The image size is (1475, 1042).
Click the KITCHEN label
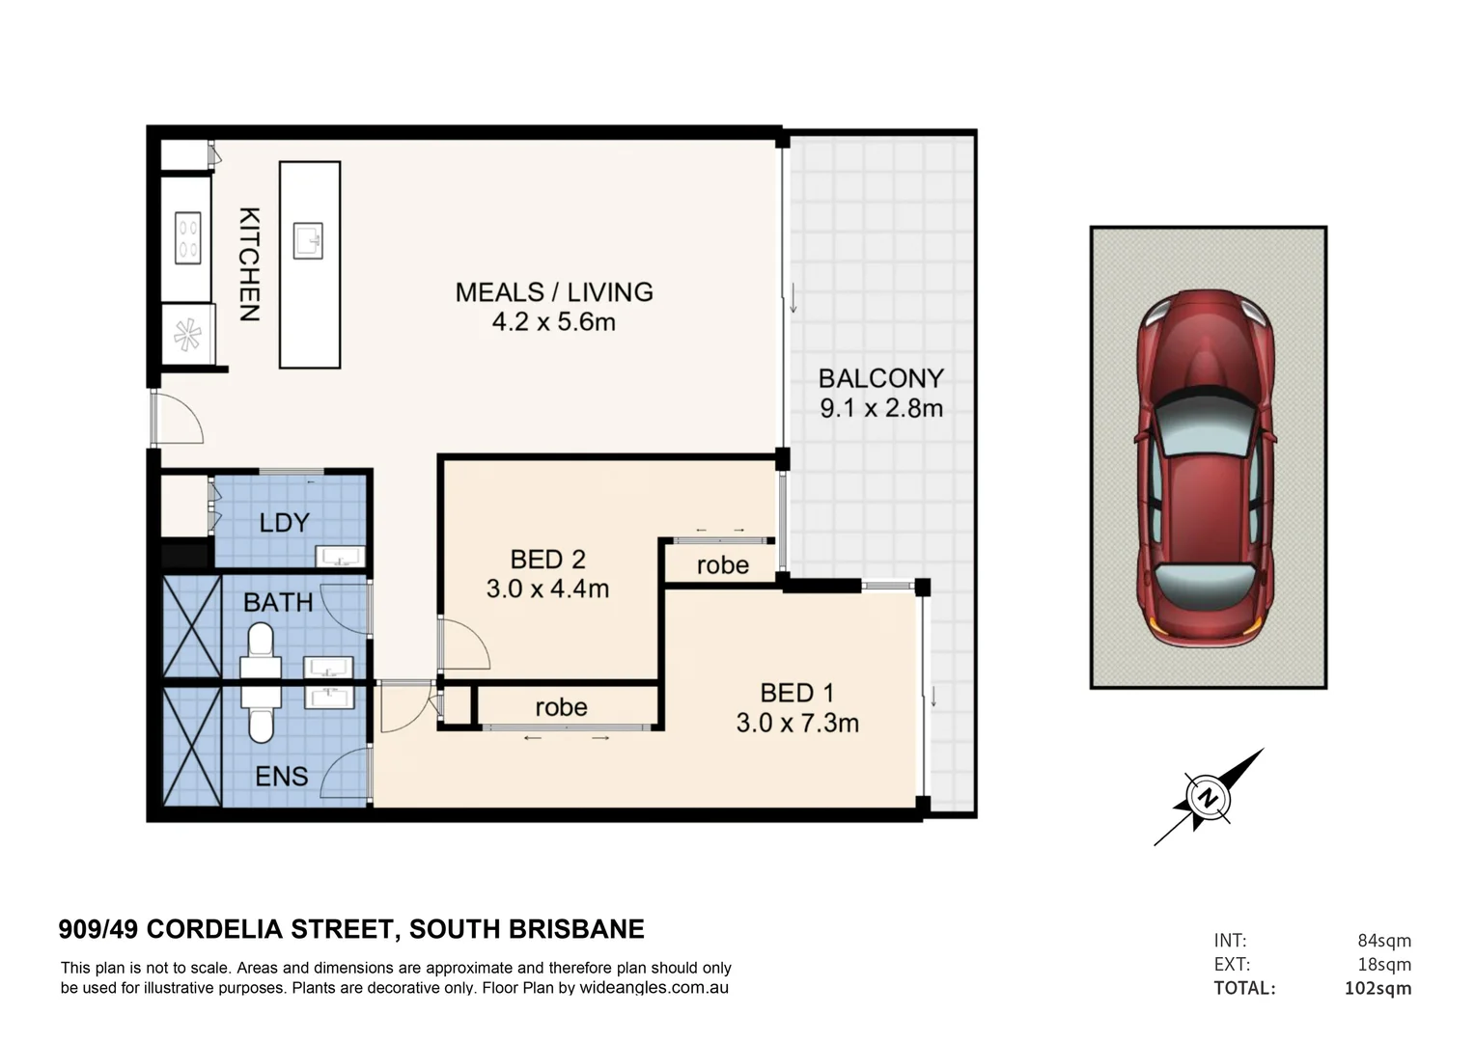pos(249,264)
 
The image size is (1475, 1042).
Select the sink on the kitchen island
pos(309,240)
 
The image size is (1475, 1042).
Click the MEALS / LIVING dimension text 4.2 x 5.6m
pos(553,322)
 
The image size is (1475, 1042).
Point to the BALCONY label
pos(880,377)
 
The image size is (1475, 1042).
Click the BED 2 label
pos(547,559)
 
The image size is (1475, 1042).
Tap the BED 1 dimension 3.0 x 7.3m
pos(797,723)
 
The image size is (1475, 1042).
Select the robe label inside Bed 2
pos(722,564)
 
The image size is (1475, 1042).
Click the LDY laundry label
pos(284,523)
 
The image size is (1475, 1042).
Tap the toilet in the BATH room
pos(261,644)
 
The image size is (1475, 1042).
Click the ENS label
pos(281,776)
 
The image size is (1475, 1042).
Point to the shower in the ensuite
pos(192,746)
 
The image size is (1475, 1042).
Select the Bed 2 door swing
pos(463,644)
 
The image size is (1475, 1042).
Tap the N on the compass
pos(1206,798)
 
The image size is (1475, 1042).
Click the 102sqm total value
pos(1378,988)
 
